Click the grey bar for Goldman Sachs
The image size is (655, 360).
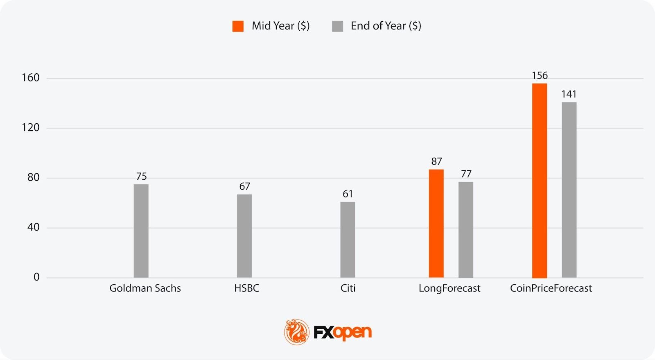click(141, 231)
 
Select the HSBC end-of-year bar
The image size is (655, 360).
click(244, 236)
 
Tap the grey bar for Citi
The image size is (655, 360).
click(348, 240)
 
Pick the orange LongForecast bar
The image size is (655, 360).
click(436, 224)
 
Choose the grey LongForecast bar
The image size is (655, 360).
click(466, 230)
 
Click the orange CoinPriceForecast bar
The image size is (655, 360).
click(540, 181)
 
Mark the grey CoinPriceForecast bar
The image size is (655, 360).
click(569, 190)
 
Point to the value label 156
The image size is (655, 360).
click(540, 75)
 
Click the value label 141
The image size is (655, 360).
click(569, 94)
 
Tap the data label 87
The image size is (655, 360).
click(436, 161)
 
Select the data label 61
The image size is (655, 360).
click(348, 194)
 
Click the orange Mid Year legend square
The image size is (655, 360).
click(238, 26)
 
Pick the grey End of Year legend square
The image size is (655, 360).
click(337, 26)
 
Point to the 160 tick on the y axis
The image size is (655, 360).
click(31, 78)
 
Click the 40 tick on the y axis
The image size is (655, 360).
click(34, 227)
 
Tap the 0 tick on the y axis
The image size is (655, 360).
click(36, 277)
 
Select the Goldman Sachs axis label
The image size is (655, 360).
click(145, 288)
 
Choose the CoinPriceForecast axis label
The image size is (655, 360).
click(551, 288)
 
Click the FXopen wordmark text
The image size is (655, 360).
click(343, 332)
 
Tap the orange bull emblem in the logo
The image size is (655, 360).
click(297, 332)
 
